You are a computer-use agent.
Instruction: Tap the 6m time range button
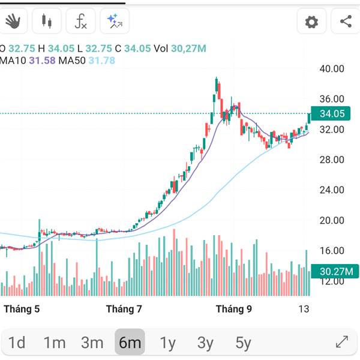[130, 343]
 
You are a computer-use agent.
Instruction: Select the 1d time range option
[17, 343]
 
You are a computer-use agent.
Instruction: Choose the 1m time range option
[55, 343]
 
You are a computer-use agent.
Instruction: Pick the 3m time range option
[92, 343]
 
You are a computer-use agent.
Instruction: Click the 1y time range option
[168, 343]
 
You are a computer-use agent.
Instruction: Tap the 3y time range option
[205, 343]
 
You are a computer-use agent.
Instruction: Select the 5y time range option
[243, 343]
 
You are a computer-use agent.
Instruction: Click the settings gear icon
[311, 22]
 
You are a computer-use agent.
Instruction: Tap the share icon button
[346, 22]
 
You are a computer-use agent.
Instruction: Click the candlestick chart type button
[46, 22]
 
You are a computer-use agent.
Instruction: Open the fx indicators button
[80, 22]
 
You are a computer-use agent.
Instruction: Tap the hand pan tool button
[12, 22]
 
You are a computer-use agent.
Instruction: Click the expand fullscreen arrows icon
[342, 342]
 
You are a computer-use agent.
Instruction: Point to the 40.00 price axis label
[332, 69]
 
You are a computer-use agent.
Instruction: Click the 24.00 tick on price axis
[332, 190]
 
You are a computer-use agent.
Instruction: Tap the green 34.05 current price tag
[332, 113]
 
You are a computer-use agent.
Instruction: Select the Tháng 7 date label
[124, 310]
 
